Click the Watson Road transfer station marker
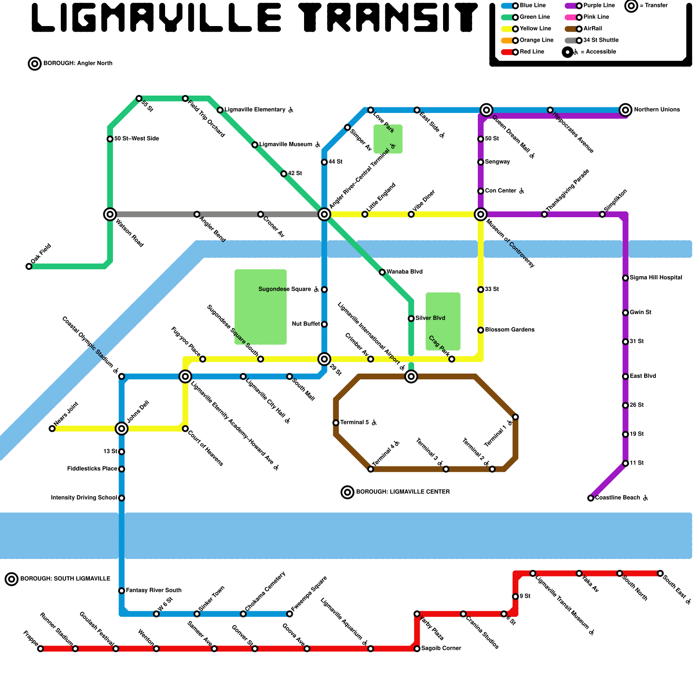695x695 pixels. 110,214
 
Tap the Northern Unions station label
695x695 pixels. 656,110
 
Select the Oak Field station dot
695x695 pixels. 29,266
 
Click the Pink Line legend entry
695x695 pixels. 596,17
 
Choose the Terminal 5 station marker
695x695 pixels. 336,423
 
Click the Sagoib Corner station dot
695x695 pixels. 417,649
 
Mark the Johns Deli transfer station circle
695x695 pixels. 122,429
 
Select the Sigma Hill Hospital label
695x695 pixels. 655,278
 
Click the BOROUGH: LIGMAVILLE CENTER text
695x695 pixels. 403,492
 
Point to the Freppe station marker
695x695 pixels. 40,649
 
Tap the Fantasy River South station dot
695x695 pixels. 122,591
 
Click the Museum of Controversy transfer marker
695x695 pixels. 480,214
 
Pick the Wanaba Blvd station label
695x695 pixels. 404,272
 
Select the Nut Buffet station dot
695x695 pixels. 324,324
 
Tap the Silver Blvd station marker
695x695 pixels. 411,318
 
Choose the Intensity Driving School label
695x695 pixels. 84,498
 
